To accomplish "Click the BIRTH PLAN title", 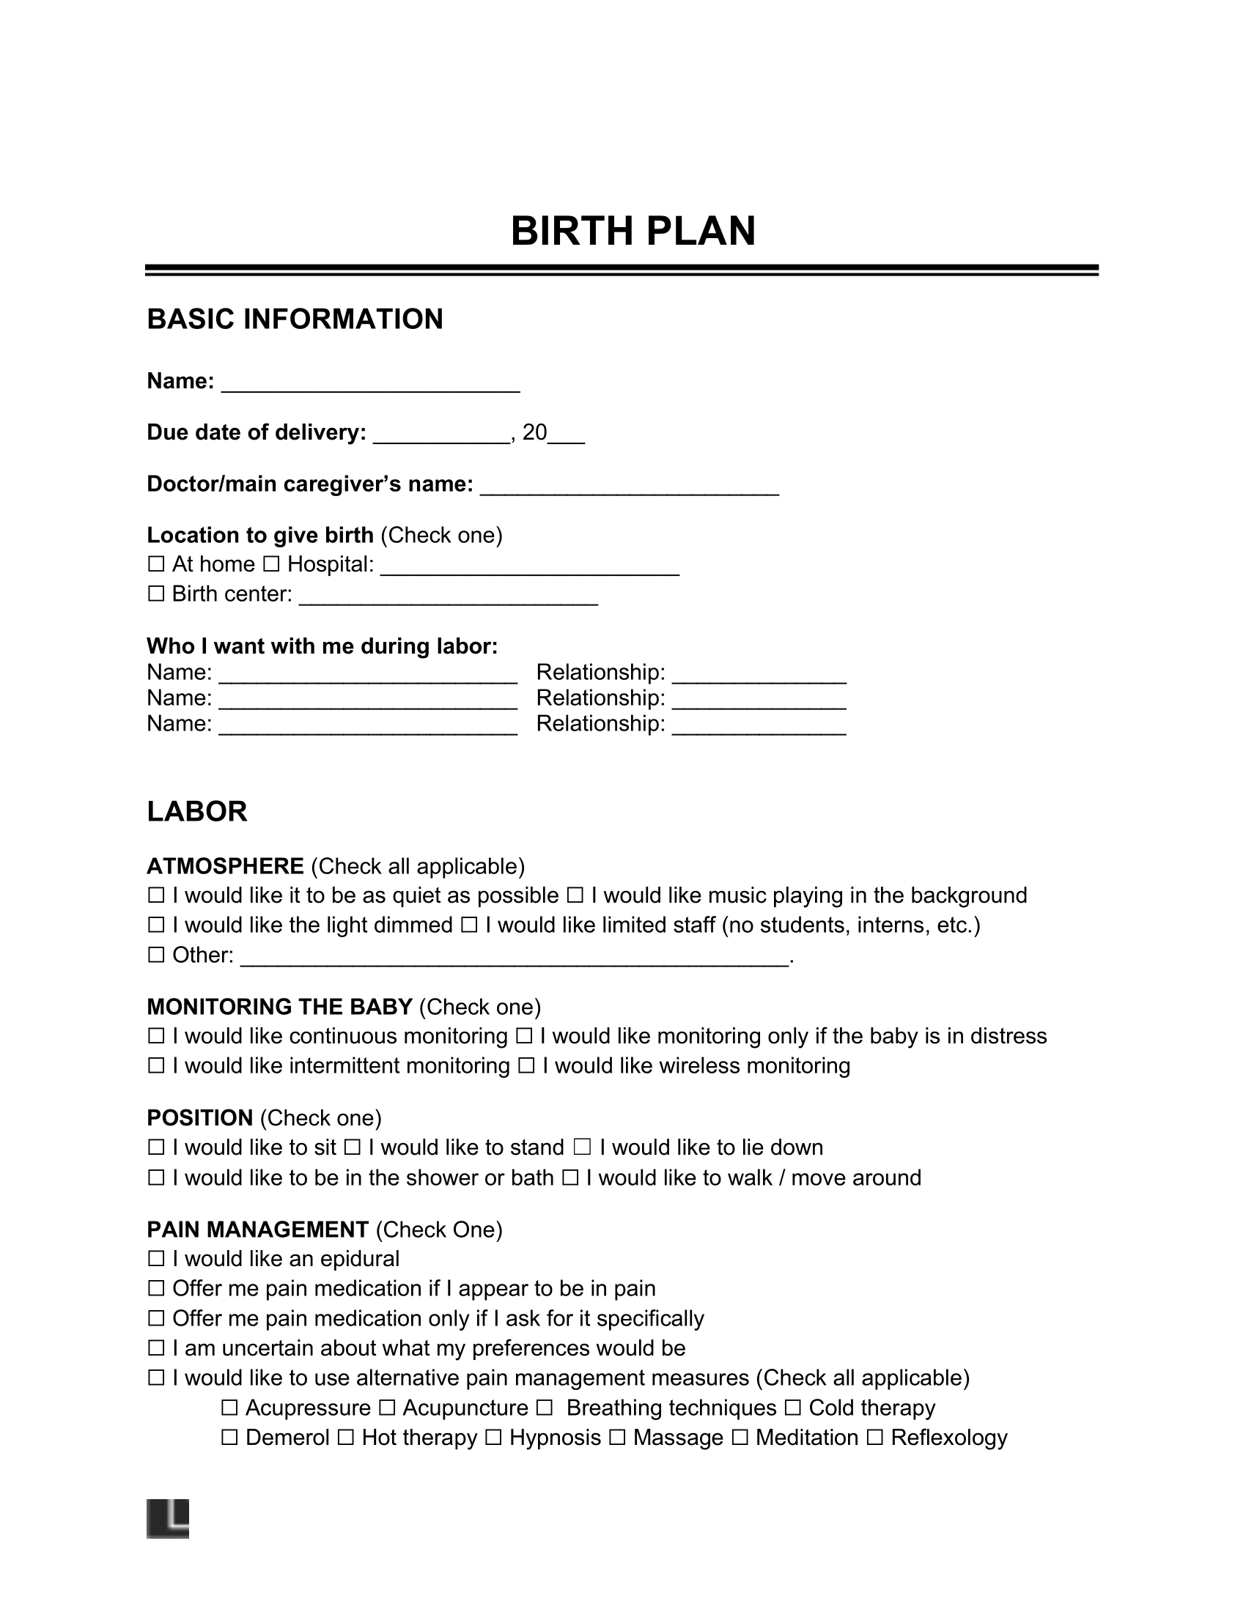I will coord(633,231).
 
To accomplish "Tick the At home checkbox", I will coord(155,565).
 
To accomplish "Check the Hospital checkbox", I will coord(271,565).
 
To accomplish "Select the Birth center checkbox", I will coord(155,594).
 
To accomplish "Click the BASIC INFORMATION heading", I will coord(295,319).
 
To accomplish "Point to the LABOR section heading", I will coord(196,812).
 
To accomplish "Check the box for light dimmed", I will coord(155,925).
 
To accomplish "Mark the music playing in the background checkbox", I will coord(575,896).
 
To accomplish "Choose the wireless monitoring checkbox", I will coord(526,1067).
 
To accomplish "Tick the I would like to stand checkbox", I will coord(352,1147).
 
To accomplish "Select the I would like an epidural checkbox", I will coord(155,1259).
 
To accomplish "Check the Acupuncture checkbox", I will coord(387,1408).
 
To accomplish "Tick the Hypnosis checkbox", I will coord(494,1438).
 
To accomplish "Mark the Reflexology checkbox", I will coord(874,1438).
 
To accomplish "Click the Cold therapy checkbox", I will coord(793,1408).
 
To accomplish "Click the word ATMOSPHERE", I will coord(225,867).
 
